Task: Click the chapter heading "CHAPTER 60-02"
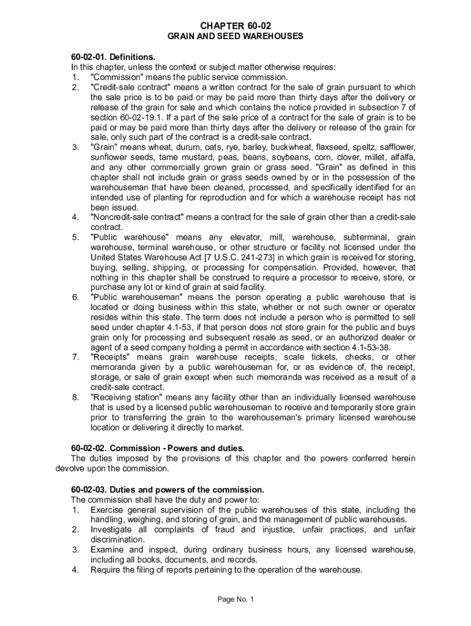point(236,25)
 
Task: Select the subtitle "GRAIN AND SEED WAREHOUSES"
point(236,37)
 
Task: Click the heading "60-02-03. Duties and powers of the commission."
point(168,489)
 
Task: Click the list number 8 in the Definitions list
point(75,398)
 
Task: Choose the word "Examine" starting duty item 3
point(108,550)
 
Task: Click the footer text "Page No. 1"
point(236,599)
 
